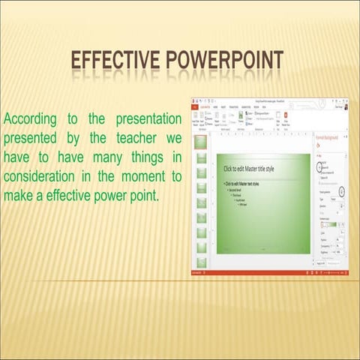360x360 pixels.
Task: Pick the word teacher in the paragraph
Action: coord(132,139)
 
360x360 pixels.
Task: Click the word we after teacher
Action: coord(173,139)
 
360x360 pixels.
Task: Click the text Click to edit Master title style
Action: coord(249,169)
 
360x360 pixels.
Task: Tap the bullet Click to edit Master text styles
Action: coord(243,183)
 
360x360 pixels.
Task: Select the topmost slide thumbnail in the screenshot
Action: coord(201,140)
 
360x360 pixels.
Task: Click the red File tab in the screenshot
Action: coord(195,106)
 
